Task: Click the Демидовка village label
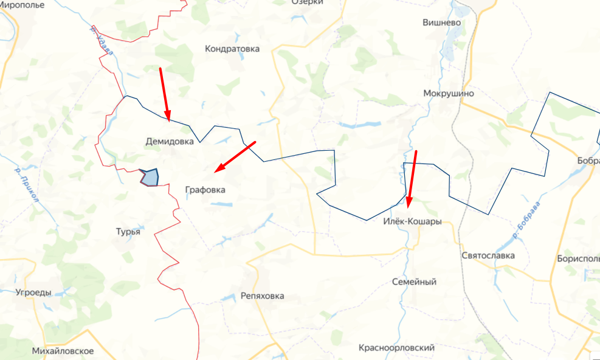tap(170, 141)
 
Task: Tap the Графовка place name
tap(205, 190)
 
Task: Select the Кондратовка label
tap(232, 49)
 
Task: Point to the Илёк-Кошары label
tap(412, 221)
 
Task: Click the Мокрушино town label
tap(448, 94)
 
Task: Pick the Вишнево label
tap(442, 22)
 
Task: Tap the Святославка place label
tap(488, 255)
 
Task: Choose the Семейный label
tap(414, 282)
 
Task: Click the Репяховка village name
tap(262, 296)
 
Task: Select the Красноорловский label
tap(396, 348)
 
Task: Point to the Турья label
tap(128, 232)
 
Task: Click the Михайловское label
tap(63, 351)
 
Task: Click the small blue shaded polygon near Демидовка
tap(149, 178)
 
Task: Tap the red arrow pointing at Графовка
tap(235, 155)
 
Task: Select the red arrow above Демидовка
tap(165, 94)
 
